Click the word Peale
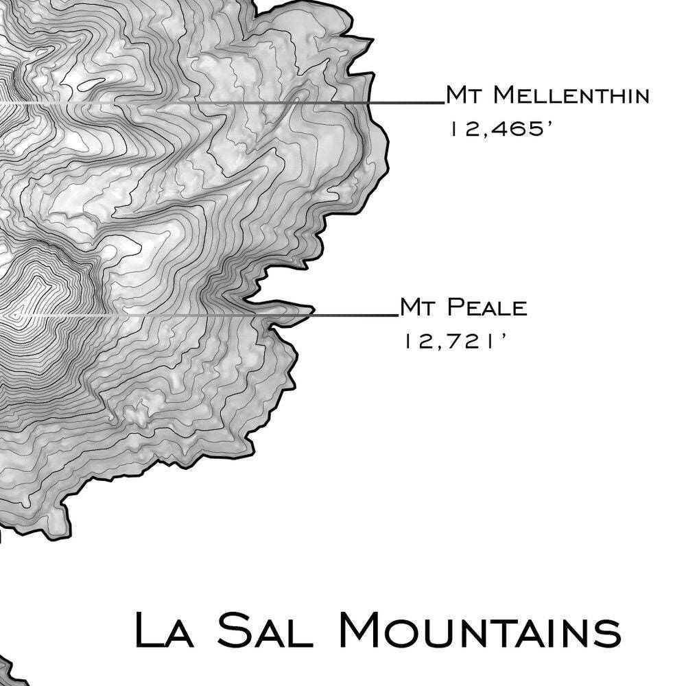(488, 308)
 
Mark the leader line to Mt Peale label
(357, 316)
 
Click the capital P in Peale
(454, 308)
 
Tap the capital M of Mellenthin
(504, 95)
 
